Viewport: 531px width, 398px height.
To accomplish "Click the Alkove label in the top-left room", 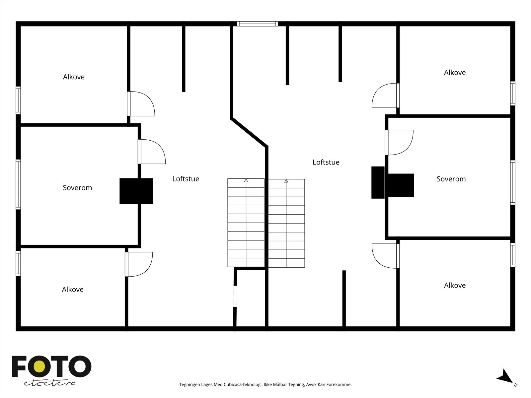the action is click(x=74, y=77).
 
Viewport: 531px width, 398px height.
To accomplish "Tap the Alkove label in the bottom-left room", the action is click(x=73, y=289).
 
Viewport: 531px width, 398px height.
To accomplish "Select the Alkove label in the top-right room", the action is click(x=455, y=73).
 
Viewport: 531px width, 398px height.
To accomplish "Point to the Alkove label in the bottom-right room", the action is click(x=455, y=285).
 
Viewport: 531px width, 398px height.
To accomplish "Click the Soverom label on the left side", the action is click(x=77, y=187).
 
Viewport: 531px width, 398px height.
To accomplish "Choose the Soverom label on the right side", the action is click(x=451, y=179).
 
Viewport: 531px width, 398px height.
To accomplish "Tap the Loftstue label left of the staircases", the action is click(x=186, y=178).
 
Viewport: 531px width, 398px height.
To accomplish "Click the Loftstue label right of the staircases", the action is click(x=326, y=162).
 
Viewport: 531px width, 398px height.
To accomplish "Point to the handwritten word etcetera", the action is click(x=49, y=383).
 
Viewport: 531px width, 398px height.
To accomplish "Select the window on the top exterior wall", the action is click(x=258, y=24).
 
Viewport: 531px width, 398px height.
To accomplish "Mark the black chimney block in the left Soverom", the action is click(x=136, y=191).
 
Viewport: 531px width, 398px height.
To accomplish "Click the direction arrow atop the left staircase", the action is click(x=246, y=180).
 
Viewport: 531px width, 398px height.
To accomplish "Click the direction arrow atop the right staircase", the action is click(x=286, y=181).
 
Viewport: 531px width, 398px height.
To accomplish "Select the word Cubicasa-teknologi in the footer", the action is click(x=243, y=384).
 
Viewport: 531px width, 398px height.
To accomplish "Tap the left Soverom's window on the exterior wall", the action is click(x=18, y=184).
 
